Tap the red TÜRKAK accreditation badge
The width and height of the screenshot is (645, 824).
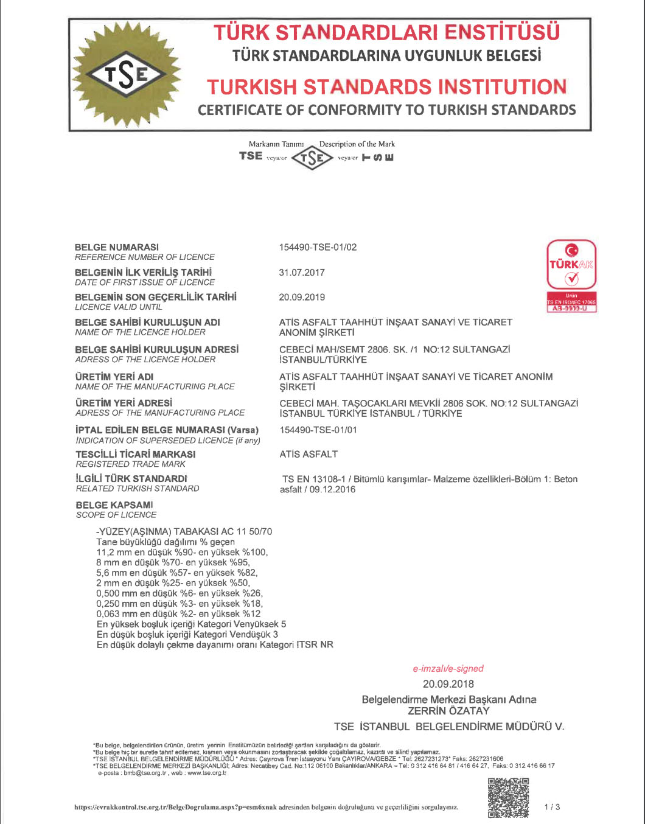coord(571,276)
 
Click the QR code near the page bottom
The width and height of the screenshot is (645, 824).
coord(508,798)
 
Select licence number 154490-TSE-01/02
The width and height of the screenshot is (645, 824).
coord(318,247)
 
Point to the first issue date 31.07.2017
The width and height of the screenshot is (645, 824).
coord(302,272)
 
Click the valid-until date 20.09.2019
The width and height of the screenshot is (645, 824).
coord(302,297)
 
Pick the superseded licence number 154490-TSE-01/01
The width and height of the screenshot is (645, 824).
coord(318,430)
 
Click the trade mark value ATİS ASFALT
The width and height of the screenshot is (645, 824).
coord(309,454)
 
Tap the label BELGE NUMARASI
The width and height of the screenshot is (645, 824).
coord(117,247)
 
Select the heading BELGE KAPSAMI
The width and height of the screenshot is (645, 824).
coord(114,505)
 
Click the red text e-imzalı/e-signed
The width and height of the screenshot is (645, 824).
coord(448,668)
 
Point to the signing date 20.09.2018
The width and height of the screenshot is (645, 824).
coord(448,684)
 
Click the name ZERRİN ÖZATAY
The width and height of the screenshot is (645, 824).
coord(448,711)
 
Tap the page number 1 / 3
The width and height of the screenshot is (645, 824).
coord(553,807)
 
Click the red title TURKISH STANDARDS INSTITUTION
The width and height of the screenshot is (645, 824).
coord(387,87)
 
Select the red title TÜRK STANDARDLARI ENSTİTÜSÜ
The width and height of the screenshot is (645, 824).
coord(386,32)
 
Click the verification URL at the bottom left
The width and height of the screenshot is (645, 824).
coord(175,808)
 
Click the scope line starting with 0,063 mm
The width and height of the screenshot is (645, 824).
coord(178,614)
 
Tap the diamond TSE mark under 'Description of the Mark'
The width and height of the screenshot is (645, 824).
coord(312,159)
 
